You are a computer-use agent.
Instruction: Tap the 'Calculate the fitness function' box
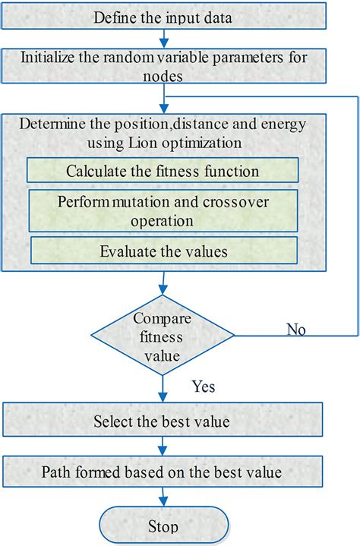click(163, 171)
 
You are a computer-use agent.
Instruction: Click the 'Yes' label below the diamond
click(203, 387)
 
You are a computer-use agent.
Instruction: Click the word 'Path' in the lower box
click(58, 472)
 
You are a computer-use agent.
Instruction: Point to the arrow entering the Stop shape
click(163, 498)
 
